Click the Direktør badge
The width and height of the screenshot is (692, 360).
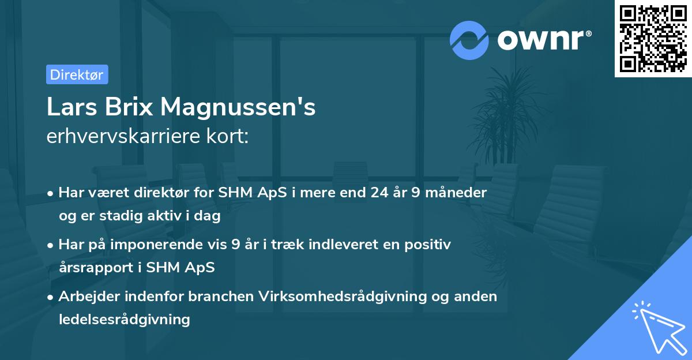click(x=77, y=74)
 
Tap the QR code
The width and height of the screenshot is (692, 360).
click(x=653, y=39)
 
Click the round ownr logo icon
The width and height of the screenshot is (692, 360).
click(x=469, y=40)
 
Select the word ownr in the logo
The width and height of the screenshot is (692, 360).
click(x=542, y=40)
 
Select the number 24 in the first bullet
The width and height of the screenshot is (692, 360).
click(x=377, y=192)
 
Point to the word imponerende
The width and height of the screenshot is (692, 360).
click(x=170, y=245)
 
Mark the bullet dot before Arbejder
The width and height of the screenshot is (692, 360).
click(x=51, y=297)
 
